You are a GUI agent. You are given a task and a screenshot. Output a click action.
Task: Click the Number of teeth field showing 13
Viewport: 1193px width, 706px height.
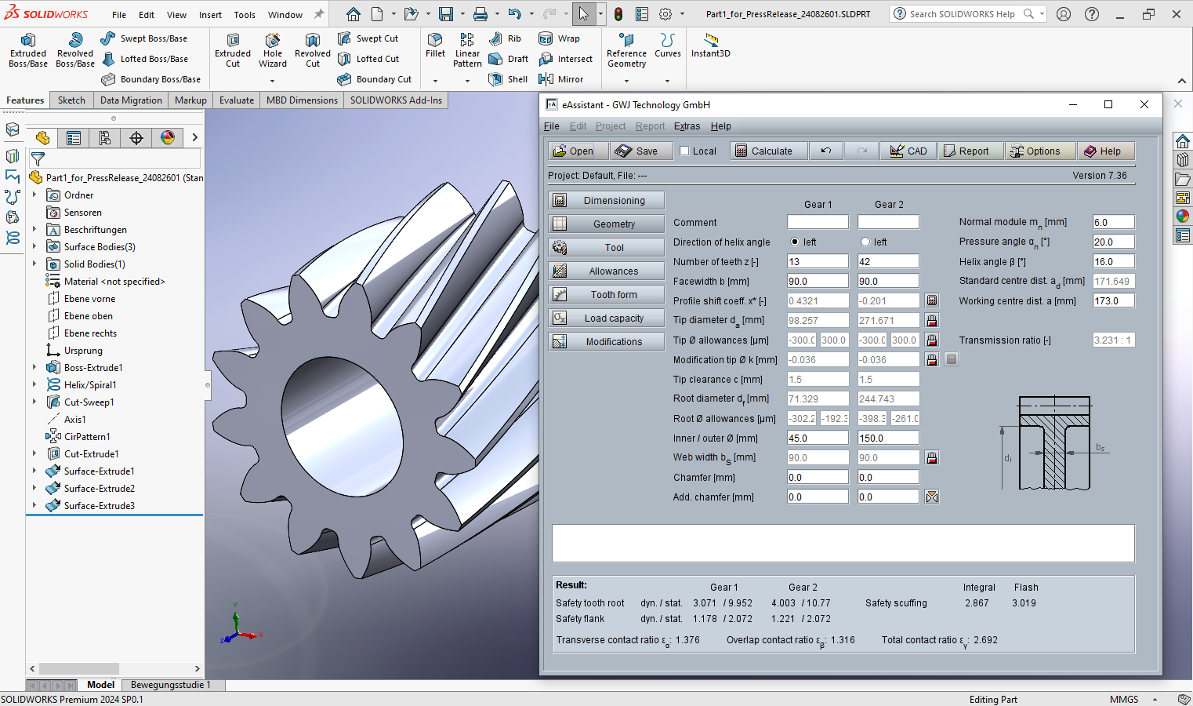817,262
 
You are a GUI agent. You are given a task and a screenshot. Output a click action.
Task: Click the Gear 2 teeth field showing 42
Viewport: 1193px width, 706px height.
887,262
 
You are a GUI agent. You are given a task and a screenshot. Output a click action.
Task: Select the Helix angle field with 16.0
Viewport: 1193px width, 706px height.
1112,262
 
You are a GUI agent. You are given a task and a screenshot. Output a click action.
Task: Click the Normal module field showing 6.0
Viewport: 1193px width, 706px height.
1112,223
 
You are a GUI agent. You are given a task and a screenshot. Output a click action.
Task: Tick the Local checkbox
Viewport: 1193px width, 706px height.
684,151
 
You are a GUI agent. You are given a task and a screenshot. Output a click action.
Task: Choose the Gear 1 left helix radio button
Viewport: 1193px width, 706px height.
795,242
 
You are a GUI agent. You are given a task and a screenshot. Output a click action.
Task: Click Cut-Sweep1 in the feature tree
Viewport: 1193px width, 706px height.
89,402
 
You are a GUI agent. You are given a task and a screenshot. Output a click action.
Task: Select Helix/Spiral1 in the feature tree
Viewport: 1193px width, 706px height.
89,385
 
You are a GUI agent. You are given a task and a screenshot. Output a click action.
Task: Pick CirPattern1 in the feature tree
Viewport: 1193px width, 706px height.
86,437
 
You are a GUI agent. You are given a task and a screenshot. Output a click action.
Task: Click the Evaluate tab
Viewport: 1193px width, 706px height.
237,100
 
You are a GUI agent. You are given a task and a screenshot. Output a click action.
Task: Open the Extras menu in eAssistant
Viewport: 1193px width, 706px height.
687,126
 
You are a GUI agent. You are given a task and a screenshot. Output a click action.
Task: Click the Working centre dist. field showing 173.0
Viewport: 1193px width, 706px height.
1112,301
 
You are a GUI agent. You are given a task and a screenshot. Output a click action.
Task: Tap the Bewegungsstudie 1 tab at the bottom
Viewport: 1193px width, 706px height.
170,685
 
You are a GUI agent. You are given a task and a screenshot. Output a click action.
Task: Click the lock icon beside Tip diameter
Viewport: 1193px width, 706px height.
932,321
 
